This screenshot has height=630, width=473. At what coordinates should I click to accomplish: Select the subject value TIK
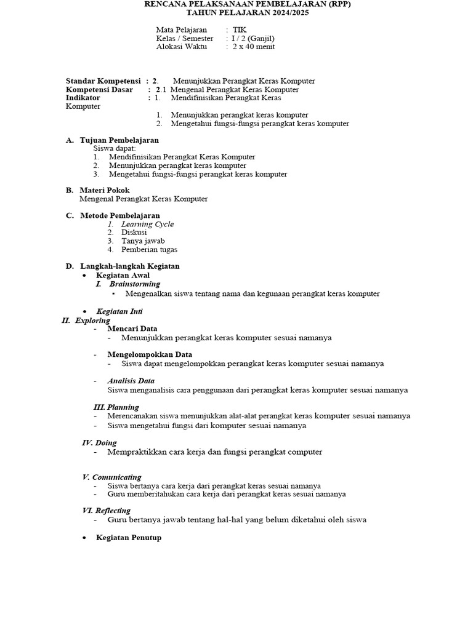click(x=239, y=30)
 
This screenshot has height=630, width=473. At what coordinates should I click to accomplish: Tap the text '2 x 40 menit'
click(x=254, y=47)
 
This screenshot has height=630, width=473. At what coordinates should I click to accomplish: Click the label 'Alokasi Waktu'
click(x=182, y=47)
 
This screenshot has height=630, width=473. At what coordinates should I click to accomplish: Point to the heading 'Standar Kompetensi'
click(x=103, y=81)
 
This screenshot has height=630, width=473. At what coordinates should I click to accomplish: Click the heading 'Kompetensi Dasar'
click(x=99, y=90)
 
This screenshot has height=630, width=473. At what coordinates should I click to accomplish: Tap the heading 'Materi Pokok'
click(x=105, y=191)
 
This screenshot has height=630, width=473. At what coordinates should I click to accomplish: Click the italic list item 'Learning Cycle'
click(x=147, y=225)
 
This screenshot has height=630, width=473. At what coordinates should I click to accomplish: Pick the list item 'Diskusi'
click(x=134, y=233)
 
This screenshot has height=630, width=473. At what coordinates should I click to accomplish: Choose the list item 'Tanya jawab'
click(x=143, y=241)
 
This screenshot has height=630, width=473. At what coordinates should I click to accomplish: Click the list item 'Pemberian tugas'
click(x=149, y=250)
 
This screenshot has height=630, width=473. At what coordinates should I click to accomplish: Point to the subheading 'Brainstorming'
click(x=134, y=284)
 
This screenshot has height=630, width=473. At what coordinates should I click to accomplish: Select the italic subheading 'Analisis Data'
click(x=131, y=381)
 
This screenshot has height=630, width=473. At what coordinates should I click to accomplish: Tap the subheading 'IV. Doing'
click(x=99, y=443)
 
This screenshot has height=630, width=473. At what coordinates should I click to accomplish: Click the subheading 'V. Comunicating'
click(x=111, y=477)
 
